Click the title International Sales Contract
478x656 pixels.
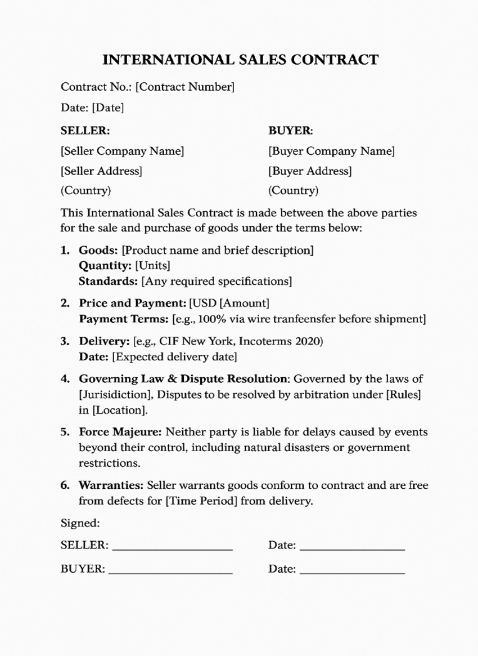click(241, 60)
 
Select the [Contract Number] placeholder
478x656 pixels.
click(185, 87)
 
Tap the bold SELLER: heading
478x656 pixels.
click(85, 131)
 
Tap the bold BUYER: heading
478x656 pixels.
click(290, 131)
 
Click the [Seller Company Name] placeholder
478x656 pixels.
click(122, 151)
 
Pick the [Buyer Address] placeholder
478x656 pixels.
click(310, 171)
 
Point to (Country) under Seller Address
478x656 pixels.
click(85, 190)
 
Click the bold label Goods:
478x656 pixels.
click(98, 249)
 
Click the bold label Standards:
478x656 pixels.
click(108, 280)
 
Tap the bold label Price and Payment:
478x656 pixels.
click(132, 303)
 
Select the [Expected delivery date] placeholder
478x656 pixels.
click(174, 357)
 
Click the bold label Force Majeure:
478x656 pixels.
click(120, 432)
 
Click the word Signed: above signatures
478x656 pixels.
click(80, 523)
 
